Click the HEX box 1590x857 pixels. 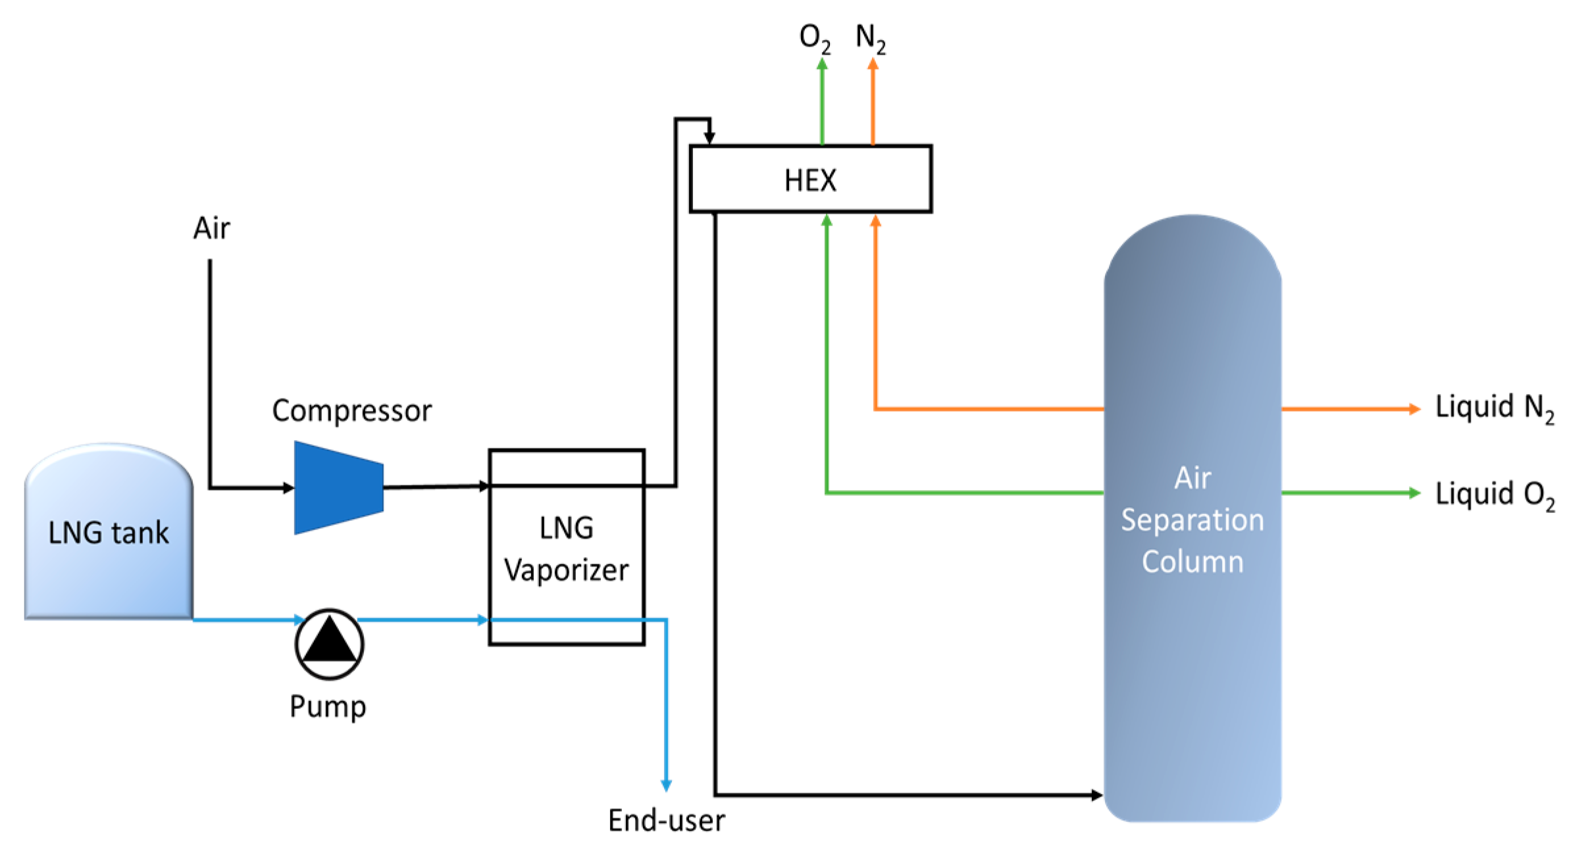point(809,179)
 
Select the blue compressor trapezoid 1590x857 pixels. point(338,487)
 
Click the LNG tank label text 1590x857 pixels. point(109,532)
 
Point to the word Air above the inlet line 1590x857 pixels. point(211,228)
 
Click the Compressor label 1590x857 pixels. point(352,410)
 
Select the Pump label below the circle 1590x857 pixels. point(328,706)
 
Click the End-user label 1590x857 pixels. point(666,820)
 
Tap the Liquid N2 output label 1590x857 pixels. point(1494,408)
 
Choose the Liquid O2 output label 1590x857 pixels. point(1494,494)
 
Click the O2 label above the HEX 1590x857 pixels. point(814,37)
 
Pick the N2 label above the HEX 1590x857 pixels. point(870,37)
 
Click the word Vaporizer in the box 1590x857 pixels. point(566,570)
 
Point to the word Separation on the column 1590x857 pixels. point(1192,520)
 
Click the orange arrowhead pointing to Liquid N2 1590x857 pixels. point(1414,409)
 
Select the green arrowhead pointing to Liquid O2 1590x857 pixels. point(1414,493)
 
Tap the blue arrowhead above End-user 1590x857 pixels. point(666,785)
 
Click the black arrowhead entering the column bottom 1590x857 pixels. point(1096,795)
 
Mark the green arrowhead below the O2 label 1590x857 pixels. point(822,64)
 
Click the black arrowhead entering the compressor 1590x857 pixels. point(288,488)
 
